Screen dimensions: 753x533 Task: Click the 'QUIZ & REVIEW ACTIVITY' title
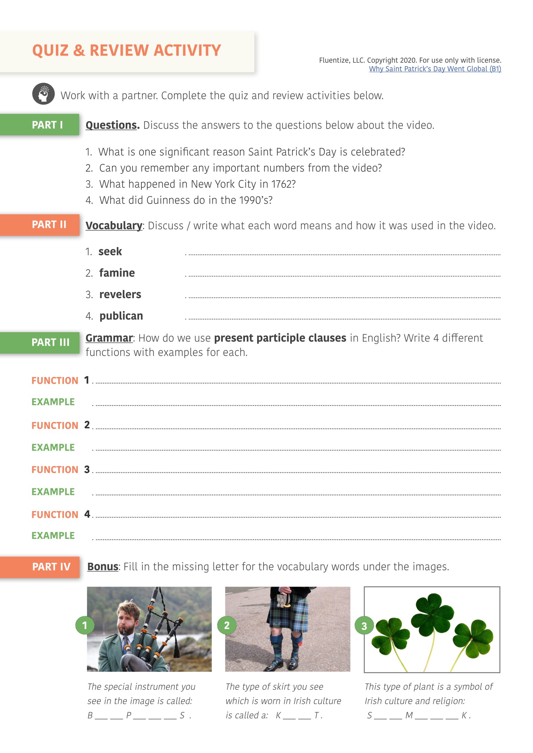point(126,51)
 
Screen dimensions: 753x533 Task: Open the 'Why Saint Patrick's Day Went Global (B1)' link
point(435,69)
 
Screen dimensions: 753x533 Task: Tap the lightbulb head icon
point(43,94)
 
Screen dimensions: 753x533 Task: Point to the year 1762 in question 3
point(283,184)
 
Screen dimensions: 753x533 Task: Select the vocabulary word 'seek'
point(110,251)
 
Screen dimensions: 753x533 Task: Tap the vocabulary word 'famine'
point(117,273)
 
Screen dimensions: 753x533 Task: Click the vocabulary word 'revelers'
point(120,294)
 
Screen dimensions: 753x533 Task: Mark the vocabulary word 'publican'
point(121,316)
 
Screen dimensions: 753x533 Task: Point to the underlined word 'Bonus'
point(103,567)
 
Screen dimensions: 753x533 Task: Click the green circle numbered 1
point(85,625)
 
